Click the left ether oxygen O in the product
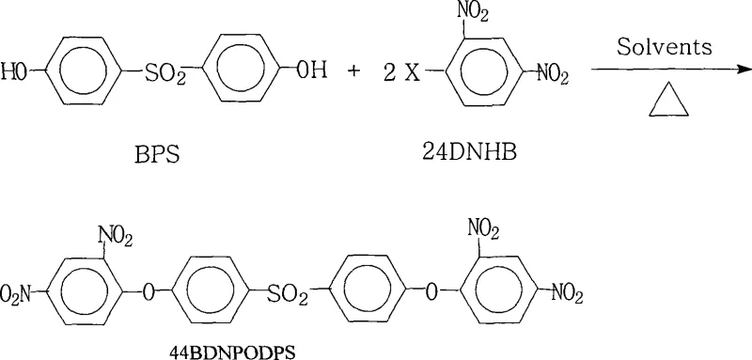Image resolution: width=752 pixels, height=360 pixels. (x=149, y=292)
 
